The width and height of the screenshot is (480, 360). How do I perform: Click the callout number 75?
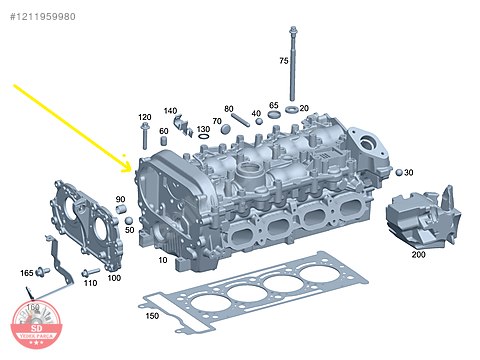(x=283, y=61)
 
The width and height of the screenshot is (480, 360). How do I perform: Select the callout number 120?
(x=145, y=117)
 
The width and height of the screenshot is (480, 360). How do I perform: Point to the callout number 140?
(x=171, y=110)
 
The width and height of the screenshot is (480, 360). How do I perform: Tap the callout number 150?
(x=152, y=317)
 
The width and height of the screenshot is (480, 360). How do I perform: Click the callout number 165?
(x=27, y=272)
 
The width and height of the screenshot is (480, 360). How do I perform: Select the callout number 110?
(x=90, y=283)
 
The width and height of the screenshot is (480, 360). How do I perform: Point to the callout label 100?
(x=114, y=277)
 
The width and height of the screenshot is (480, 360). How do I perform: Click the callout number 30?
(x=408, y=172)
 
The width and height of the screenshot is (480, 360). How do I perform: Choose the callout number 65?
(x=273, y=105)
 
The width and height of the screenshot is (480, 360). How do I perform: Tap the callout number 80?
(x=228, y=108)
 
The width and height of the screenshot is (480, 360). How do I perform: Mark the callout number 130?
(x=203, y=129)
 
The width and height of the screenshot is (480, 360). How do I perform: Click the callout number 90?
(x=120, y=200)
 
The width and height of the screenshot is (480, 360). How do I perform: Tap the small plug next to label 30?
(x=397, y=172)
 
